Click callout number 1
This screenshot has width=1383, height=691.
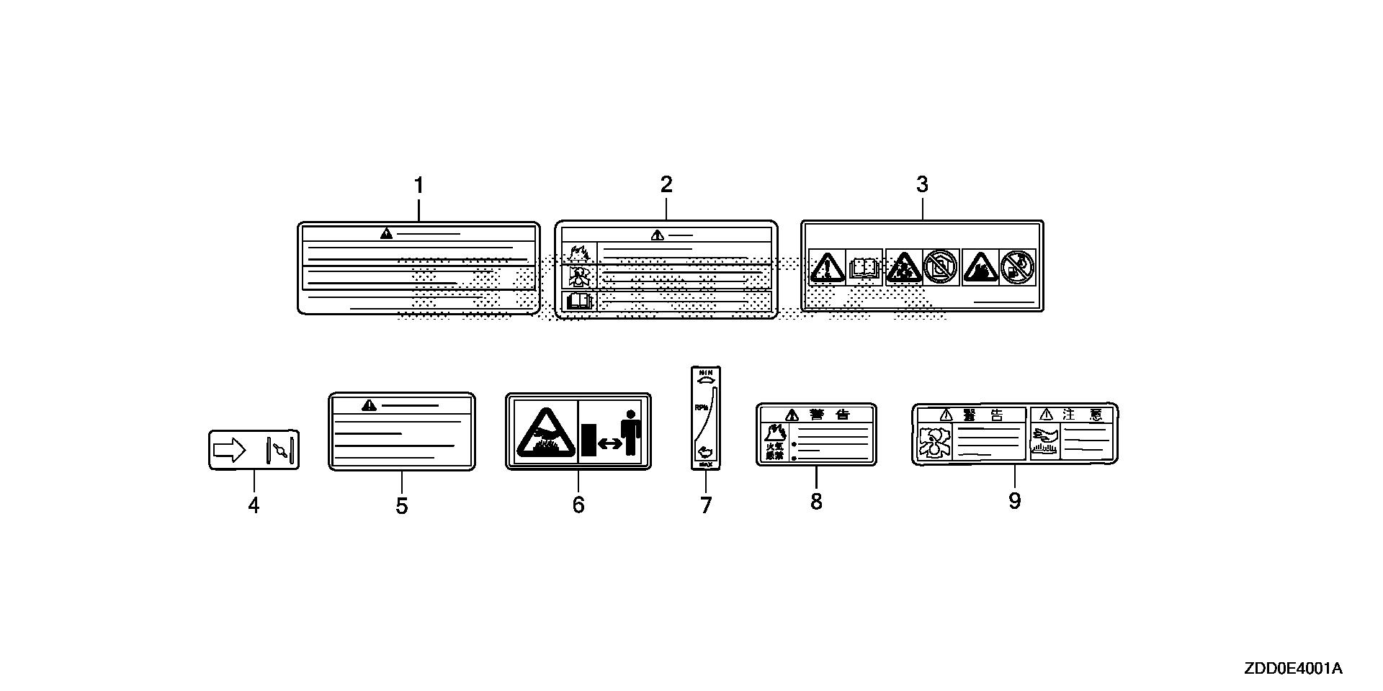tap(419, 186)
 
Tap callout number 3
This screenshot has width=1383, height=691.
tap(922, 184)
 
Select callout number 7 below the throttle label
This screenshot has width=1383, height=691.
tap(706, 505)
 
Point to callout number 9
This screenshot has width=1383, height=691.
tap(1014, 500)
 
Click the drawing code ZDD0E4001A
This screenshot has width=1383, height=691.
tap(1293, 669)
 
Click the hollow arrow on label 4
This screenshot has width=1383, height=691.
tap(230, 451)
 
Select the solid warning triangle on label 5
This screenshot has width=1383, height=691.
tap(370, 405)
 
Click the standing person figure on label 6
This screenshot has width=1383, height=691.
tap(632, 432)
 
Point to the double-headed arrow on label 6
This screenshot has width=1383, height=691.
tap(610, 443)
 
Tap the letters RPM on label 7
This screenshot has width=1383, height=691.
tap(700, 407)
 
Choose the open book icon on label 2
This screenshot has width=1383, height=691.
tap(579, 300)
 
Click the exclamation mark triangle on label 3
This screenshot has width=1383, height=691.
tap(827, 268)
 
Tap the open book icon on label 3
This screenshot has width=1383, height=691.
tap(864, 268)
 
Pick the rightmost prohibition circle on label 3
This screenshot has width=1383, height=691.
tap(1017, 267)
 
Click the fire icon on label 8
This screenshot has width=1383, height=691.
tap(775, 433)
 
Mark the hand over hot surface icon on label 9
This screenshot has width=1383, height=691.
tap(1044, 441)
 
